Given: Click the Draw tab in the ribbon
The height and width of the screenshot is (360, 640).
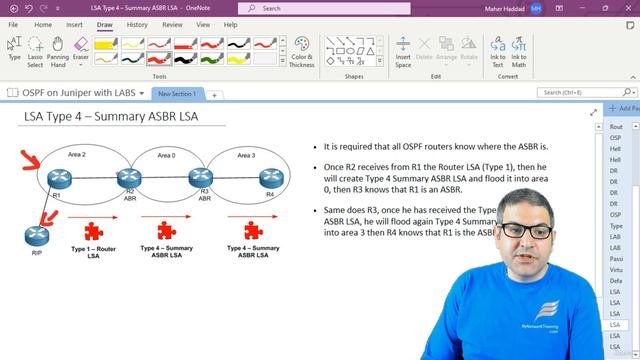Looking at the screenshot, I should [104, 24].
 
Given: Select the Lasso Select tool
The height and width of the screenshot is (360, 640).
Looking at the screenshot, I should [35, 52].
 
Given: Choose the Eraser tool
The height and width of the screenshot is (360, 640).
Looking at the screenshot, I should [81, 52].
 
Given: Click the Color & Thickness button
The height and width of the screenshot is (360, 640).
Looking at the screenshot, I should [302, 52].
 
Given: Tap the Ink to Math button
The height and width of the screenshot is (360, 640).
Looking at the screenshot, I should [519, 52].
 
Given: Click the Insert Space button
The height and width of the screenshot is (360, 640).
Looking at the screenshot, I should [403, 52].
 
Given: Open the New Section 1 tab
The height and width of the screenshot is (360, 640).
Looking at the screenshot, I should [177, 93].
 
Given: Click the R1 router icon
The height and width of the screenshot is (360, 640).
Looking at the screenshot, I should [58, 178].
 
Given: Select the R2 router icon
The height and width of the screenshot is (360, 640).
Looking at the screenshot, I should [127, 178].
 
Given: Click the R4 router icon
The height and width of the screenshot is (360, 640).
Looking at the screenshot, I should [267, 178].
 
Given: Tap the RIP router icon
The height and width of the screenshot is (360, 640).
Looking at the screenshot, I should [36, 235].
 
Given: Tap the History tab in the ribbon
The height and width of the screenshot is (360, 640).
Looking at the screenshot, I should [137, 24].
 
